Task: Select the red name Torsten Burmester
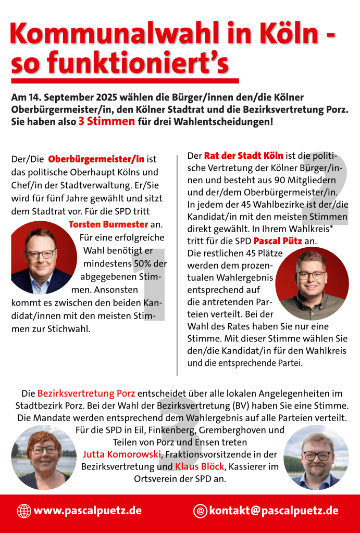[x=109, y=225]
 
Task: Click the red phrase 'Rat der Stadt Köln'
[x=244, y=156]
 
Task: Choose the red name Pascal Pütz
[x=277, y=241]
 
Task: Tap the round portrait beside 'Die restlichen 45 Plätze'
[x=312, y=284]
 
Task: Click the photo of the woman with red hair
[x=44, y=457]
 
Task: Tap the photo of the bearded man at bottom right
[x=316, y=458]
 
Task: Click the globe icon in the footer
[x=24, y=511]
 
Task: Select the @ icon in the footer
[x=200, y=511]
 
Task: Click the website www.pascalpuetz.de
[x=87, y=511]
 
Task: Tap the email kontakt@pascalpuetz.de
[x=274, y=511]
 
